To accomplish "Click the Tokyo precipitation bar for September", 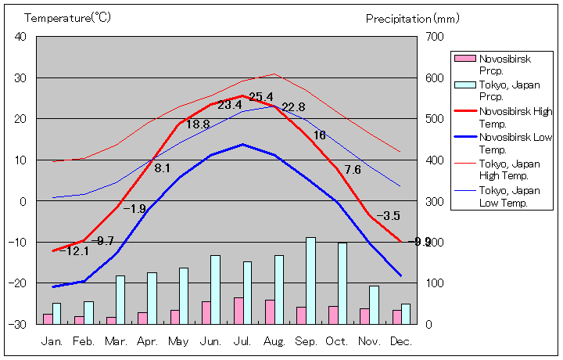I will click(310, 280).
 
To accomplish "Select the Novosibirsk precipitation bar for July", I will click(238, 311).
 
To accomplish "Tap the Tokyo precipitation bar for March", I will click(120, 300).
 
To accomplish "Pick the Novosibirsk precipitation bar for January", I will click(48, 319).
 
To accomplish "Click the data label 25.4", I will click(260, 97).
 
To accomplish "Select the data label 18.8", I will click(198, 124).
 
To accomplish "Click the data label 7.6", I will click(353, 170).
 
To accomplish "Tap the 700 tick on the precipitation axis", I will click(434, 37).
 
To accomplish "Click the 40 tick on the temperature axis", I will click(20, 37).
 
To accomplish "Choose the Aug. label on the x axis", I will click(274, 341).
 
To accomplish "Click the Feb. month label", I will click(84, 341).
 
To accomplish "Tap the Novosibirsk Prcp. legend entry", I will click(500, 64).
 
